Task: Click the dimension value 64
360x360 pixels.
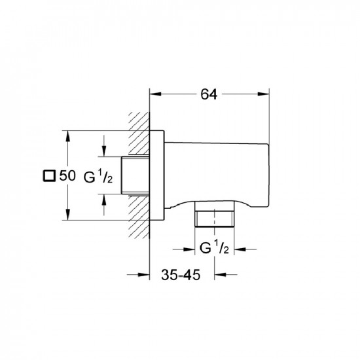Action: point(209,94)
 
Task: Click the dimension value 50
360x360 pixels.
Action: point(67,175)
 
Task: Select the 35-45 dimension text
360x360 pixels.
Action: point(181,275)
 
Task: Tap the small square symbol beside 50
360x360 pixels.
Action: point(49,176)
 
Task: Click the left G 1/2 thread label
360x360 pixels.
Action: point(98,177)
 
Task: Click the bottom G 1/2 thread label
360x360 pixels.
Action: point(214,247)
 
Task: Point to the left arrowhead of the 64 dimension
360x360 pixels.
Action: point(155,94)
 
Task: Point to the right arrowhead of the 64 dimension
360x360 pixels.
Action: point(263,94)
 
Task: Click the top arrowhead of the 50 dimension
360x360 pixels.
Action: point(67,136)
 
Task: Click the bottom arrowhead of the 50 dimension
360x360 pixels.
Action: point(67,214)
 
